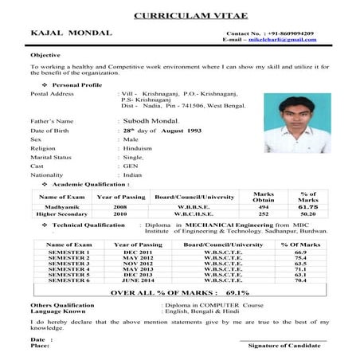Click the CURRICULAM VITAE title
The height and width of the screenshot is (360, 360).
tap(179, 15)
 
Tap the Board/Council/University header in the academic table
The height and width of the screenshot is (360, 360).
tap(194, 196)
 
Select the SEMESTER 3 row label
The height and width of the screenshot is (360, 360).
tap(70, 263)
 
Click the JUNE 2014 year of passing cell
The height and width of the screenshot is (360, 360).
tap(138, 280)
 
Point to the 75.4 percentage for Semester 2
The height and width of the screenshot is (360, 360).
tap(300, 258)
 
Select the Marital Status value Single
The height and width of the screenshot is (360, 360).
tap(132, 157)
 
